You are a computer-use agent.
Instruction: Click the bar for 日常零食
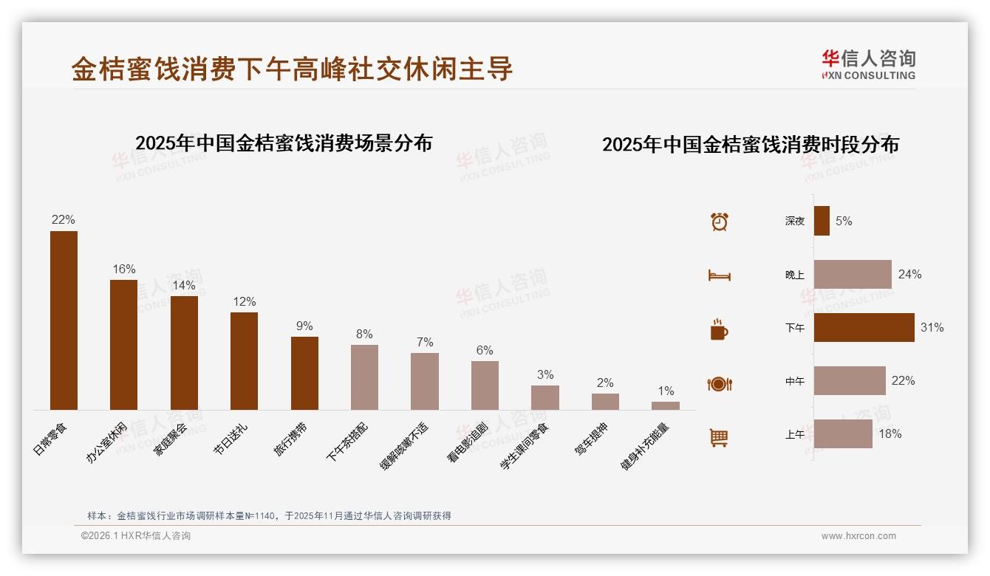click(x=64, y=320)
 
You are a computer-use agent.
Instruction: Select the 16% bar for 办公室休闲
click(x=123, y=345)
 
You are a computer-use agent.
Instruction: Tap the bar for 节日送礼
click(x=244, y=361)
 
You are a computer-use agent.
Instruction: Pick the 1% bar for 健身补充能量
click(x=666, y=405)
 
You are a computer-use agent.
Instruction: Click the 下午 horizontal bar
click(x=864, y=327)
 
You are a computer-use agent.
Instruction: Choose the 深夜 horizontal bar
click(x=822, y=221)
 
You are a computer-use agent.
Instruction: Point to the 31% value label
click(x=932, y=327)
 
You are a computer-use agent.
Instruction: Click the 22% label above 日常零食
click(x=64, y=219)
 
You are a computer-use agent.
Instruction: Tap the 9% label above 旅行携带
click(x=304, y=326)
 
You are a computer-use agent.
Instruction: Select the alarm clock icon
click(x=720, y=222)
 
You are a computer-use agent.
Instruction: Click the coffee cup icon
click(x=719, y=330)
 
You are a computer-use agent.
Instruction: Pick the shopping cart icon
click(x=719, y=437)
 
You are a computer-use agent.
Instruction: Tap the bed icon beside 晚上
click(x=719, y=275)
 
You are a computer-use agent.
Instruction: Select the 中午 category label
click(x=795, y=382)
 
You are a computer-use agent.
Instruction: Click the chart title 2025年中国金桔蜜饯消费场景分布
click(x=284, y=143)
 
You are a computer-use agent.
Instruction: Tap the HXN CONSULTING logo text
click(x=868, y=75)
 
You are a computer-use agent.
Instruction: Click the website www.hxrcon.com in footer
click(x=858, y=536)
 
